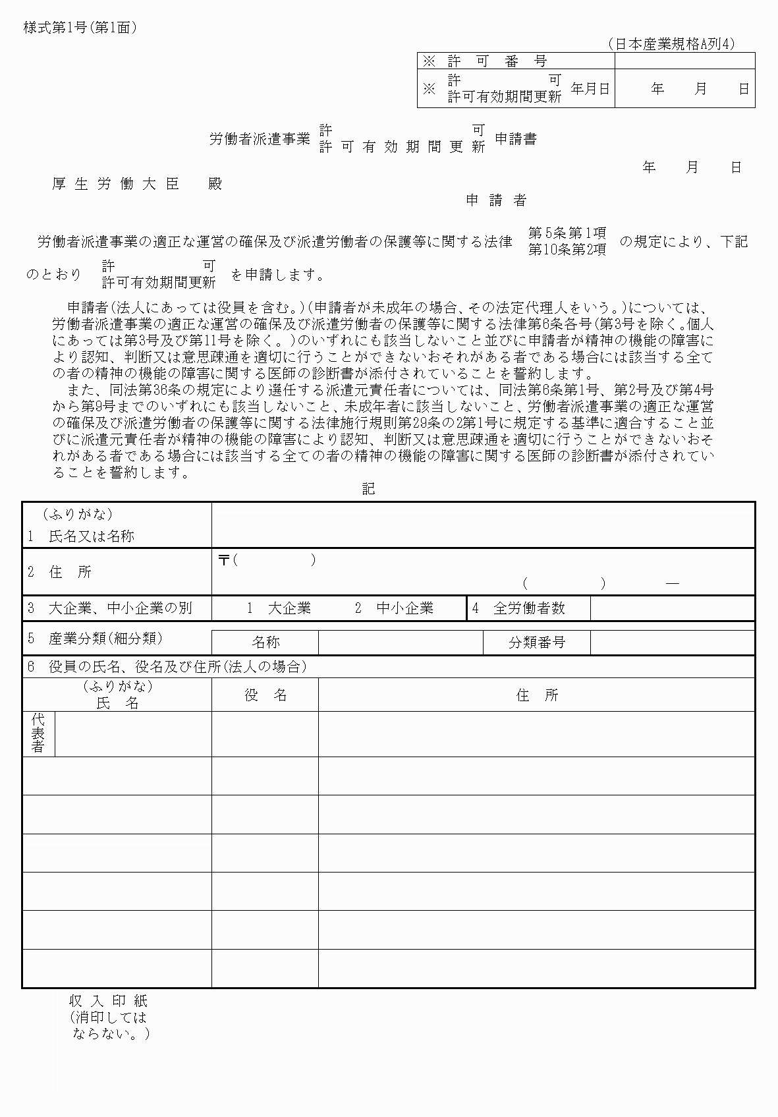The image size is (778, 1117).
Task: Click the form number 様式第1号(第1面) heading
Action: [80, 28]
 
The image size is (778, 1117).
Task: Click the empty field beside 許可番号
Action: [684, 61]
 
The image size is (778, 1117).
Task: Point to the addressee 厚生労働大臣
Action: [116, 184]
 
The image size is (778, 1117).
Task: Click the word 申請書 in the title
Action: [515, 139]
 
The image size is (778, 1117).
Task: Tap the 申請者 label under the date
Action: [496, 200]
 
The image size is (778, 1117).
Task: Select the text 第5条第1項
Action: [567, 233]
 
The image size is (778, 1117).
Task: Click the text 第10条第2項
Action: [567, 250]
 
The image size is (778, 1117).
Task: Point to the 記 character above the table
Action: [368, 488]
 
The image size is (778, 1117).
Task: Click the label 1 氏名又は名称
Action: [81, 536]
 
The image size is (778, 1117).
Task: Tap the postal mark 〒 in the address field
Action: [223, 560]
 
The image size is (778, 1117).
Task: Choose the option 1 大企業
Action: [279, 608]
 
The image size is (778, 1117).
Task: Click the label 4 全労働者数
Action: [519, 608]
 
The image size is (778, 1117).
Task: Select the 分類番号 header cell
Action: [536, 642]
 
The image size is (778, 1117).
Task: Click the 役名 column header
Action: [265, 695]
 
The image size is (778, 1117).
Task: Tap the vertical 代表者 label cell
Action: [38, 733]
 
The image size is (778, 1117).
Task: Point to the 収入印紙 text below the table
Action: [108, 1000]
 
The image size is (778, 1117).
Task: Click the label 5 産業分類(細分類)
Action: [95, 639]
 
